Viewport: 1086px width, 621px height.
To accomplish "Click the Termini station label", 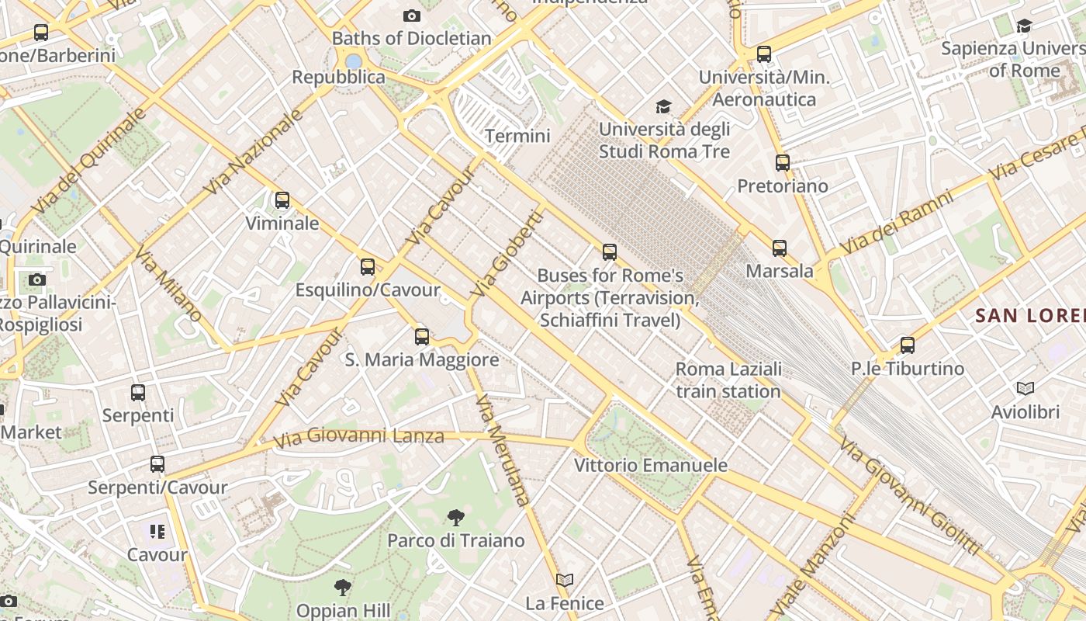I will coord(517,137).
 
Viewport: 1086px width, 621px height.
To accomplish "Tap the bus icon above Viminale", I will coord(282,200).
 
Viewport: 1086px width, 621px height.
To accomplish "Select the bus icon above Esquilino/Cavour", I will coord(368,267).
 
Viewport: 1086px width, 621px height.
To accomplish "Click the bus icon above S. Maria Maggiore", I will coord(422,336).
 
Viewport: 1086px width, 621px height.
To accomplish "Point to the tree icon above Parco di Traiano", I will coord(456,517).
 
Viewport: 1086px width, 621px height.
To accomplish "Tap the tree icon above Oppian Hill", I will coord(343,587).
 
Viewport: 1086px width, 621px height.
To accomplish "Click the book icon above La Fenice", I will coord(565,580).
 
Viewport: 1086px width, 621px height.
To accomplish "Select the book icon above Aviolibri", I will coord(1025,388).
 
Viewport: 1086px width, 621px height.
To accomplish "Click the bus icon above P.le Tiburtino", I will coord(908,345).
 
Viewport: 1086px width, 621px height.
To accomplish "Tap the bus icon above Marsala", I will coord(780,248).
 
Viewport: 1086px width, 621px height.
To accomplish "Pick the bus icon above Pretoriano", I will coord(783,163).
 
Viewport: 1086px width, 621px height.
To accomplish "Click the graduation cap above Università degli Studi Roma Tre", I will coord(663,106).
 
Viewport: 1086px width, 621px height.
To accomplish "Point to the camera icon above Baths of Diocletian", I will coord(412,16).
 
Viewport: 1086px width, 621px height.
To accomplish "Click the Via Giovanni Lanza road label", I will coord(358,437).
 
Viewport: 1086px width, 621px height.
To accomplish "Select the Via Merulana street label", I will coord(502,450).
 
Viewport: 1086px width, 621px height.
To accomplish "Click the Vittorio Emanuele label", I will coord(651,465).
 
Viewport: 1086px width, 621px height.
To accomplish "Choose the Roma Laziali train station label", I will coord(728,380).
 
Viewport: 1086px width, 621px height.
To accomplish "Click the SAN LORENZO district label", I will coord(1030,315).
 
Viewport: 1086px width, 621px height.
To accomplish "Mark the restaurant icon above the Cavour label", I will coord(157,532).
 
